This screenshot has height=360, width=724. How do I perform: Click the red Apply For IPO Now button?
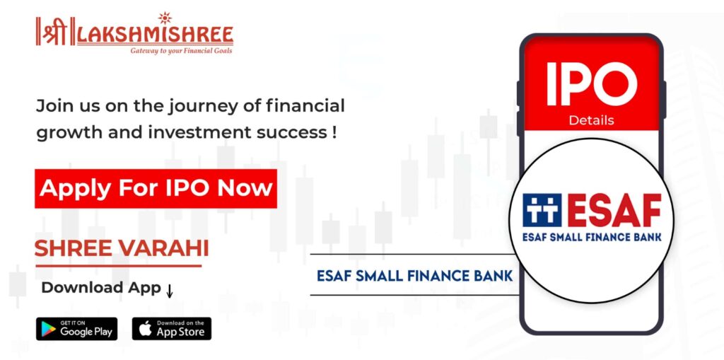[156, 189]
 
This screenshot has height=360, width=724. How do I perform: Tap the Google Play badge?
[76, 329]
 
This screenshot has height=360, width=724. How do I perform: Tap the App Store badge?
[171, 329]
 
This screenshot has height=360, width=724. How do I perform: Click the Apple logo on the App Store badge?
[145, 329]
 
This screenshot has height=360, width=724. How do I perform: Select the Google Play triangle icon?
[48, 329]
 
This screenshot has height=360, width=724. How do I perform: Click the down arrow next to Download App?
[170, 291]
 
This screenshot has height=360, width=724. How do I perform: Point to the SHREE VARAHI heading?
[122, 249]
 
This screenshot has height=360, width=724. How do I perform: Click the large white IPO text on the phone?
[592, 84]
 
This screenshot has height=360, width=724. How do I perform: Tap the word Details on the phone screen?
[592, 121]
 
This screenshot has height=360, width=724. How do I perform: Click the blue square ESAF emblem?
[542, 210]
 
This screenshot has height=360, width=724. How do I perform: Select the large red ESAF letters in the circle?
[614, 210]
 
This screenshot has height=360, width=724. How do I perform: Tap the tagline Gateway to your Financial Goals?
[182, 50]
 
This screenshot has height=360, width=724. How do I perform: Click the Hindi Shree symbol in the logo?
[55, 31]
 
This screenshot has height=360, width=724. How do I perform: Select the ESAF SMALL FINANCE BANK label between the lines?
[414, 276]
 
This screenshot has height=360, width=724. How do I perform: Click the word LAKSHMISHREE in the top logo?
[155, 35]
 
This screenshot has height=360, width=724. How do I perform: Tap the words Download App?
[101, 288]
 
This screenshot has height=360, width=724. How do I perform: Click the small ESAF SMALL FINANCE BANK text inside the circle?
[592, 237]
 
